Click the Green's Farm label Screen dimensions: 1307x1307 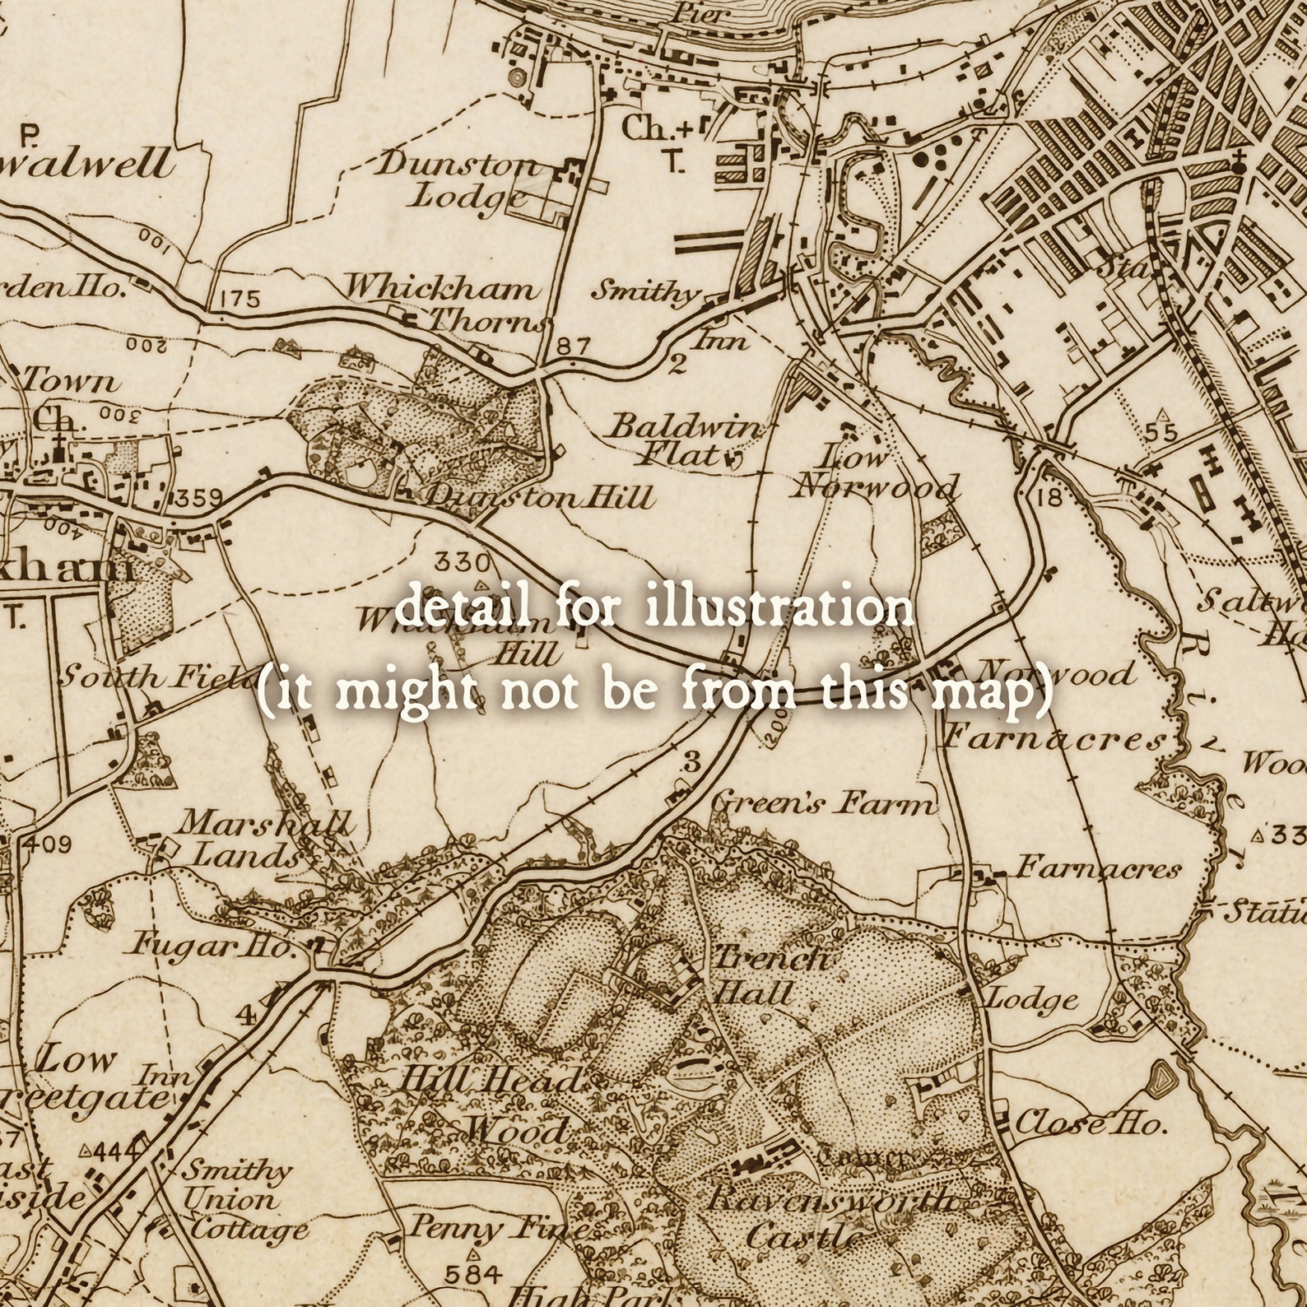[x=823, y=802]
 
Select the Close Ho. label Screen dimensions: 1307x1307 [x=1091, y=1123]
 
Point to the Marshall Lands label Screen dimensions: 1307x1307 [x=255, y=839]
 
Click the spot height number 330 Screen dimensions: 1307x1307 [x=462, y=563]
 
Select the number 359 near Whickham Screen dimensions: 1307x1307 [x=198, y=498]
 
